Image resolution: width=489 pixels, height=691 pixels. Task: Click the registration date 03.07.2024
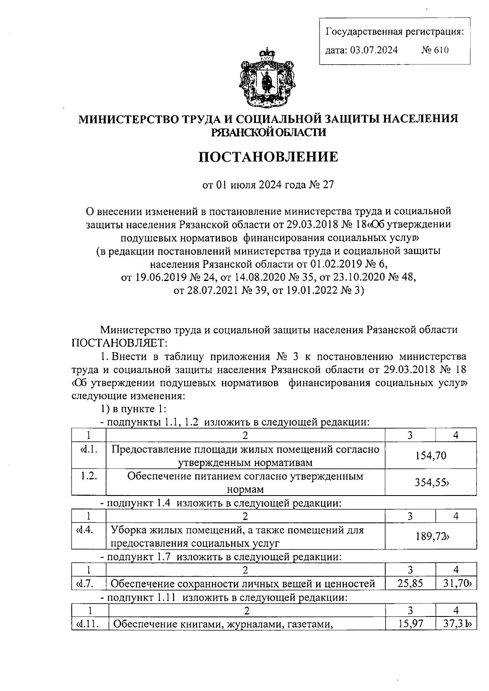click(373, 50)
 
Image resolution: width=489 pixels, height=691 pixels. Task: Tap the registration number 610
click(441, 50)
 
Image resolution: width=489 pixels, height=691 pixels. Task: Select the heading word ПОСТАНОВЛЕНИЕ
click(268, 157)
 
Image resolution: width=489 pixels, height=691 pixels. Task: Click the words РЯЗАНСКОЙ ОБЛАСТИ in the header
click(268, 132)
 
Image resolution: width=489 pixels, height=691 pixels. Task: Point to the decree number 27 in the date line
click(328, 185)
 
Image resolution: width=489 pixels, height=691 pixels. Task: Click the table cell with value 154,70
click(431, 456)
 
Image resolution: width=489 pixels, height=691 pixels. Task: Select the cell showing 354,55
click(431, 483)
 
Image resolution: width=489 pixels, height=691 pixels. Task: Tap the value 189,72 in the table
click(431, 536)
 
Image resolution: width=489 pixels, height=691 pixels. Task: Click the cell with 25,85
click(410, 584)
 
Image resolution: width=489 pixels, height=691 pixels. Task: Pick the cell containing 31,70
click(456, 584)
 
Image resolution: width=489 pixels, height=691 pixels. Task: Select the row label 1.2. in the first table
click(88, 476)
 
